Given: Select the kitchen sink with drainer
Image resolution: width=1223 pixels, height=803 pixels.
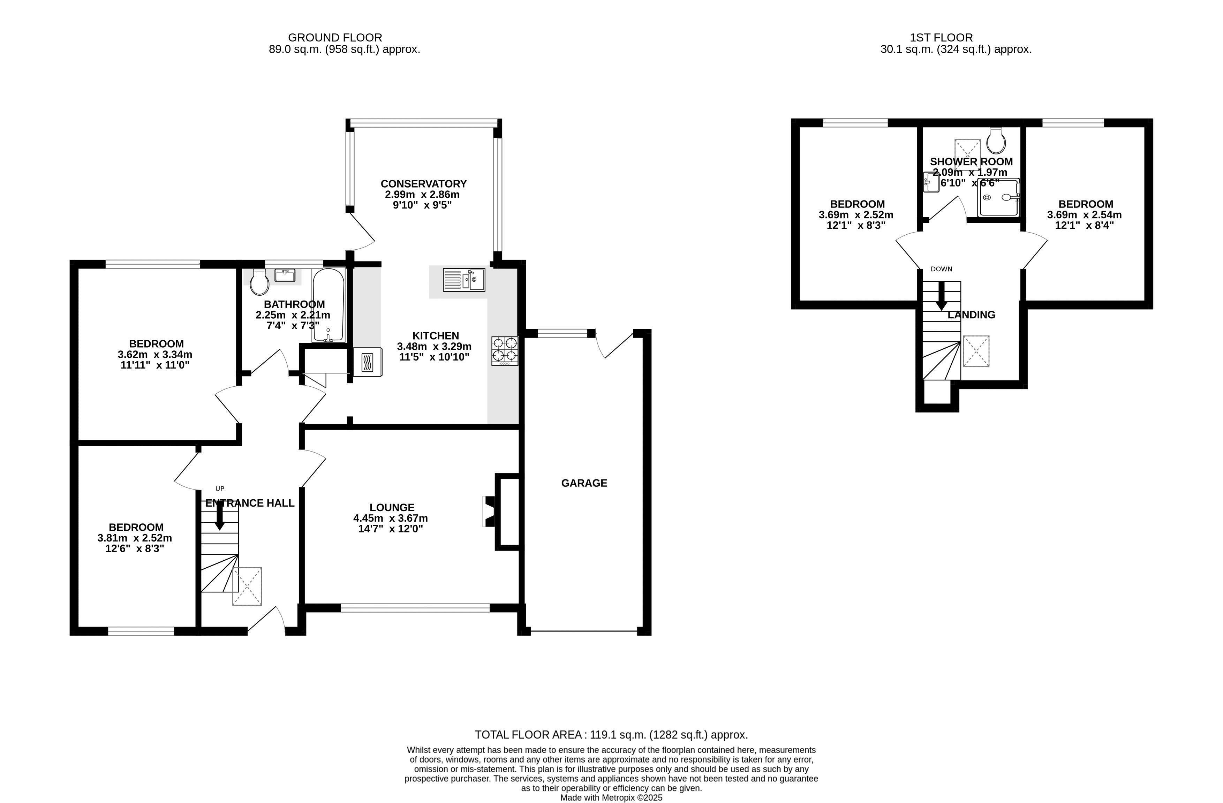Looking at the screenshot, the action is tap(463, 280).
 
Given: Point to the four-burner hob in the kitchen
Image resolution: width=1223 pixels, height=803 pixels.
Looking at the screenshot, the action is tap(505, 351).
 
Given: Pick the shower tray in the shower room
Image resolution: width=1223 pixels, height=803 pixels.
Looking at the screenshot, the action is tap(998, 198).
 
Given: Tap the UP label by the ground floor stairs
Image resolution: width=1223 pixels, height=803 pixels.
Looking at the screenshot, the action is tap(220, 488).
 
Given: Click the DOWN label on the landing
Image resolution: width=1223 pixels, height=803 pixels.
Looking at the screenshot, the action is tap(942, 269).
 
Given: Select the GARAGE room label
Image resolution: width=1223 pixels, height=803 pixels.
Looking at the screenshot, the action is tap(584, 483).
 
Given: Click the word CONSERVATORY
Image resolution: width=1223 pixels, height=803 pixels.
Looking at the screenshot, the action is tap(423, 183).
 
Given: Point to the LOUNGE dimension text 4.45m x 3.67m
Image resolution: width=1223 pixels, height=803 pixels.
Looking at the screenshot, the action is tap(391, 518).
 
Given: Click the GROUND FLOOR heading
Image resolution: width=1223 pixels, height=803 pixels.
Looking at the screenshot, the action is tap(335, 38).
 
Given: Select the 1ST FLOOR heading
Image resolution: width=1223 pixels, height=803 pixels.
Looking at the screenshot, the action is tap(942, 38).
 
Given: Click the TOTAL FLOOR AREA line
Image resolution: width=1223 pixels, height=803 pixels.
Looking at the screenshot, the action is tap(611, 735).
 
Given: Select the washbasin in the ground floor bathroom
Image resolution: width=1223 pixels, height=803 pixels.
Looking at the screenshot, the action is tap(285, 275).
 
